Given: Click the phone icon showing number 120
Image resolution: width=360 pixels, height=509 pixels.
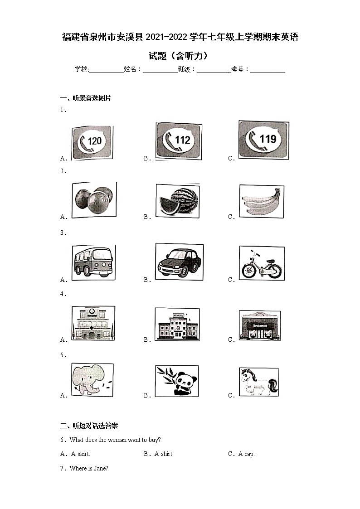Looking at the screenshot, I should [x=92, y=142].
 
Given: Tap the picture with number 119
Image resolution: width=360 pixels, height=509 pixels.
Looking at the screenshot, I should [x=264, y=139].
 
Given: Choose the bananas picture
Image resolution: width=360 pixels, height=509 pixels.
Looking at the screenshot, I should [x=262, y=201].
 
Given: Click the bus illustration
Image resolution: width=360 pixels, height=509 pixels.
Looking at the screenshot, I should [x=93, y=261].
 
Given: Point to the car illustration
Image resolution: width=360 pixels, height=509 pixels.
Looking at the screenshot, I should [x=179, y=261].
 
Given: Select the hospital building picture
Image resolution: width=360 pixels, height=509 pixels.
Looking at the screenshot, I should [x=92, y=323].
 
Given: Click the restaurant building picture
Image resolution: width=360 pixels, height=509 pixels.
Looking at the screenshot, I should [x=260, y=325].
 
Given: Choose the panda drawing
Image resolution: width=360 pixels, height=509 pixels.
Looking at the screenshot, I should [x=176, y=381].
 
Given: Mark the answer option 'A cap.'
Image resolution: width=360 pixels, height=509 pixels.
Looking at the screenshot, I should [x=247, y=454].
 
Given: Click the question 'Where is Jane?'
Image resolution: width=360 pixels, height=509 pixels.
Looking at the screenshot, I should [x=89, y=468].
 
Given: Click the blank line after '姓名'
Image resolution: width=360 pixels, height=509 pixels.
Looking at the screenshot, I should [x=160, y=70].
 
